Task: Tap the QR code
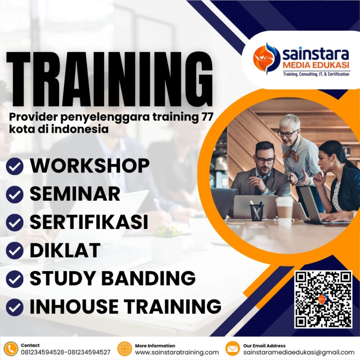click(x=323, y=299)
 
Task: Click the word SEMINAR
click(x=75, y=194)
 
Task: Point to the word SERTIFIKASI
click(x=89, y=222)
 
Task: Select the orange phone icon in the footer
click(x=10, y=349)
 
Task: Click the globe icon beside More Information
click(x=124, y=349)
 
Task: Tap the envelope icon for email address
click(x=232, y=349)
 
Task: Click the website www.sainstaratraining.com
click(x=177, y=352)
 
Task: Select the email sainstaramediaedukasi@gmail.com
click(x=299, y=352)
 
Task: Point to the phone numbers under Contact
click(x=65, y=352)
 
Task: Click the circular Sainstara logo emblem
click(x=267, y=57)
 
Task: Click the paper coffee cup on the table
click(x=284, y=209)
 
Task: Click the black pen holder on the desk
click(x=256, y=211)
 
